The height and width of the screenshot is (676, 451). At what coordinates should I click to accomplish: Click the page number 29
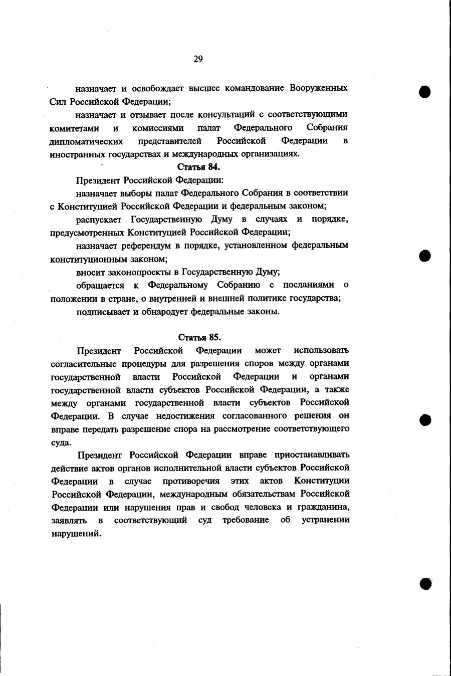tap(198, 59)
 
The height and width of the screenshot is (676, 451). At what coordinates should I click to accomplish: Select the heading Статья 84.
tap(199, 167)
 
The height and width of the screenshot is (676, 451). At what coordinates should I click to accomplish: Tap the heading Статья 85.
tap(199, 337)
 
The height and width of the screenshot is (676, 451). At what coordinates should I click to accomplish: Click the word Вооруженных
tap(319, 88)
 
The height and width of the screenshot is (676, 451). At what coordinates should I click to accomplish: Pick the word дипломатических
tap(86, 141)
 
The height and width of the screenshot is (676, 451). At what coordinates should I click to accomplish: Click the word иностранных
tap(76, 154)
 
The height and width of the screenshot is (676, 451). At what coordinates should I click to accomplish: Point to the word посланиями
tap(308, 285)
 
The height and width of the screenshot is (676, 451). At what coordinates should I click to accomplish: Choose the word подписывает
tap(103, 311)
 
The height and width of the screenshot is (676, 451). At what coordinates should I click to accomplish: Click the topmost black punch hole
tap(425, 92)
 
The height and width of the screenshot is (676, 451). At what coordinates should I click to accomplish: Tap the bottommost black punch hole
tap(425, 583)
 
